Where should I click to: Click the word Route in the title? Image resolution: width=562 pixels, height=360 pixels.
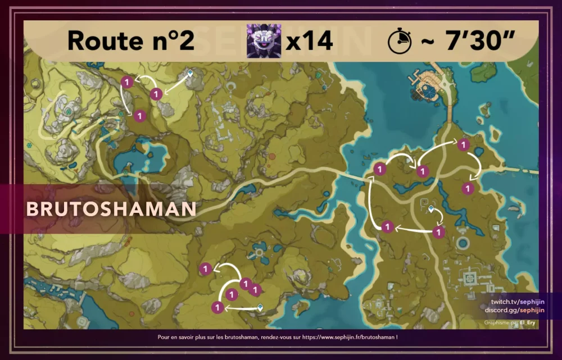pos(101,41)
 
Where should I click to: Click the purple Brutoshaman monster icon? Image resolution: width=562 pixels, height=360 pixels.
pos(264,41)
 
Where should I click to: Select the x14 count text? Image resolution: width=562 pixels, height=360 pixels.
pos(309,41)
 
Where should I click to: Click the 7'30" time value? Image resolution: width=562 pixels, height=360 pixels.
pos(472,41)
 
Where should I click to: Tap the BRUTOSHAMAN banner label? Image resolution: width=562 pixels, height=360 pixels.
pos(111,209)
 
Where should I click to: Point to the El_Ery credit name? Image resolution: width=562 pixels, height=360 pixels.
pos(529,323)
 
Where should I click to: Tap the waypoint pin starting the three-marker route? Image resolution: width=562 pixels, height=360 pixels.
pos(190,74)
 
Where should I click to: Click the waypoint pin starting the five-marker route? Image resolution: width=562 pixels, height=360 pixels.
pos(260,307)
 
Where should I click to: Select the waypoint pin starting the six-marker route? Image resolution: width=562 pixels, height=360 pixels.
pos(431,209)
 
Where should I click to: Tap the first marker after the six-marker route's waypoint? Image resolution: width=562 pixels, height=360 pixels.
pos(439,231)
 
